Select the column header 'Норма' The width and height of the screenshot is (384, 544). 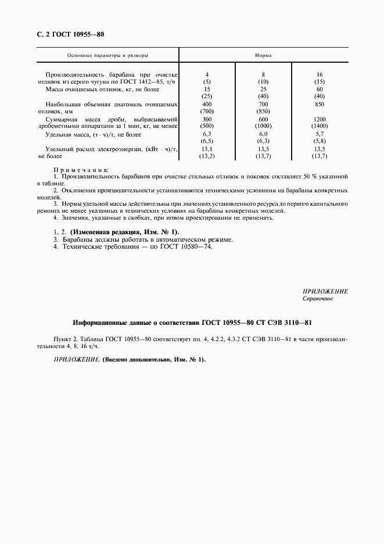(264, 55)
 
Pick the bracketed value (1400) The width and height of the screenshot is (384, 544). (320, 126)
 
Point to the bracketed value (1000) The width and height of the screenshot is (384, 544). (264, 126)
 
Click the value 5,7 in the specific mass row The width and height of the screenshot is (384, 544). (320, 134)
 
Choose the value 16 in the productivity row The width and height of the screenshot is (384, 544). (320, 75)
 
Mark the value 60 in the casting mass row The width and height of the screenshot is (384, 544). (320, 89)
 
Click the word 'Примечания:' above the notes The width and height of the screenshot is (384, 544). (81, 168)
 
